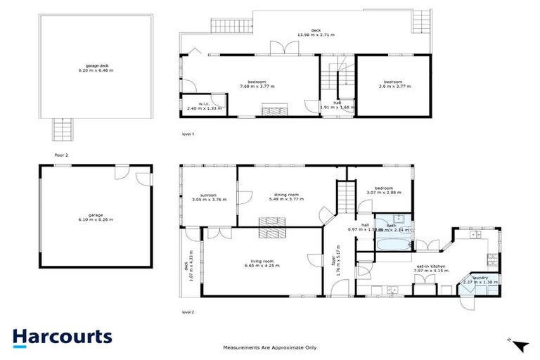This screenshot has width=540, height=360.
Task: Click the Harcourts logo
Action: (x=62, y=336)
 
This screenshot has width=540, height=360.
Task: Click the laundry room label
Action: (x=480, y=280)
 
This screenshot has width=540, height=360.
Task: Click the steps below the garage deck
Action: (x=62, y=129)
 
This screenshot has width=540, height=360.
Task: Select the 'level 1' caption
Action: (x=188, y=133)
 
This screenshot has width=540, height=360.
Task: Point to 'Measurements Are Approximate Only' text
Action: (x=270, y=347)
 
